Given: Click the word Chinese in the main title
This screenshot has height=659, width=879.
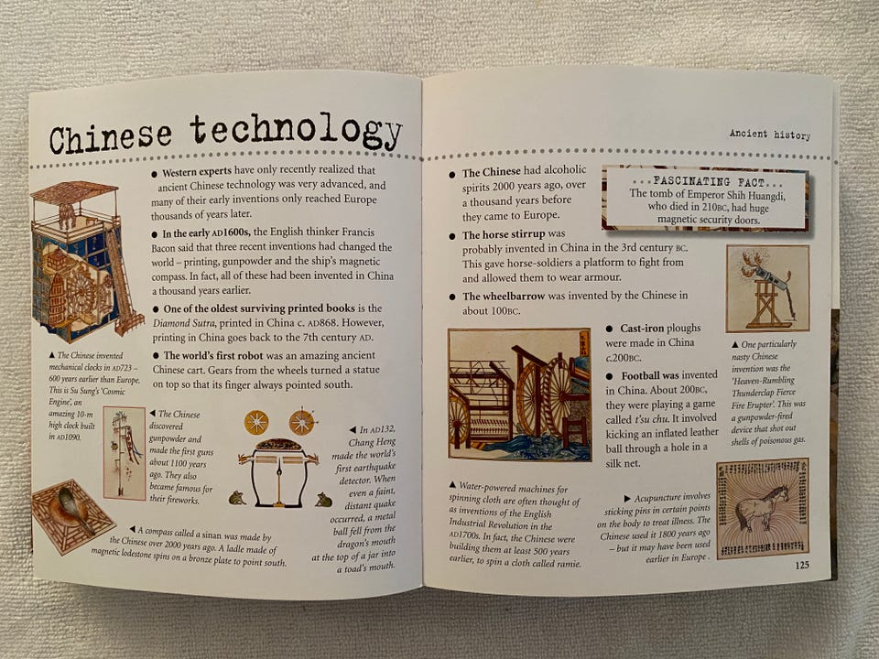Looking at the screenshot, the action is (111, 137).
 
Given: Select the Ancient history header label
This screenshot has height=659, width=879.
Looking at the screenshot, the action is (770, 135).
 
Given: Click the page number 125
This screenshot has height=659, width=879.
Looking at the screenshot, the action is (802, 565).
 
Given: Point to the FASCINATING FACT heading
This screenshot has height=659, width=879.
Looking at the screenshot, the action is (706, 182).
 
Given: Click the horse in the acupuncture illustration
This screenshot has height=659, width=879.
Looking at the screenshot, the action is (761, 506).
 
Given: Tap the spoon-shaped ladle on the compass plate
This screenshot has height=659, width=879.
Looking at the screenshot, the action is (74, 508).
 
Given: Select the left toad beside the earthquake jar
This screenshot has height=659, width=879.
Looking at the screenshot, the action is (236, 498).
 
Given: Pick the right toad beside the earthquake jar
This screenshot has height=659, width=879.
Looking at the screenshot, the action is (323, 500).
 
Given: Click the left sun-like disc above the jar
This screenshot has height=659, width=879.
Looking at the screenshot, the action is (256, 423).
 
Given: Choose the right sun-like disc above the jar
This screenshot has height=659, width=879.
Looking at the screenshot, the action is (301, 423).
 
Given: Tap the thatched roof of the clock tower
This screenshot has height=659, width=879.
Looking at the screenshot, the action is (73, 192).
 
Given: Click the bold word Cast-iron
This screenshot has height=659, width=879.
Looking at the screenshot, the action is (641, 329).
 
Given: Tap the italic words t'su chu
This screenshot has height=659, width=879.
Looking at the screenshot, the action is (651, 418).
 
